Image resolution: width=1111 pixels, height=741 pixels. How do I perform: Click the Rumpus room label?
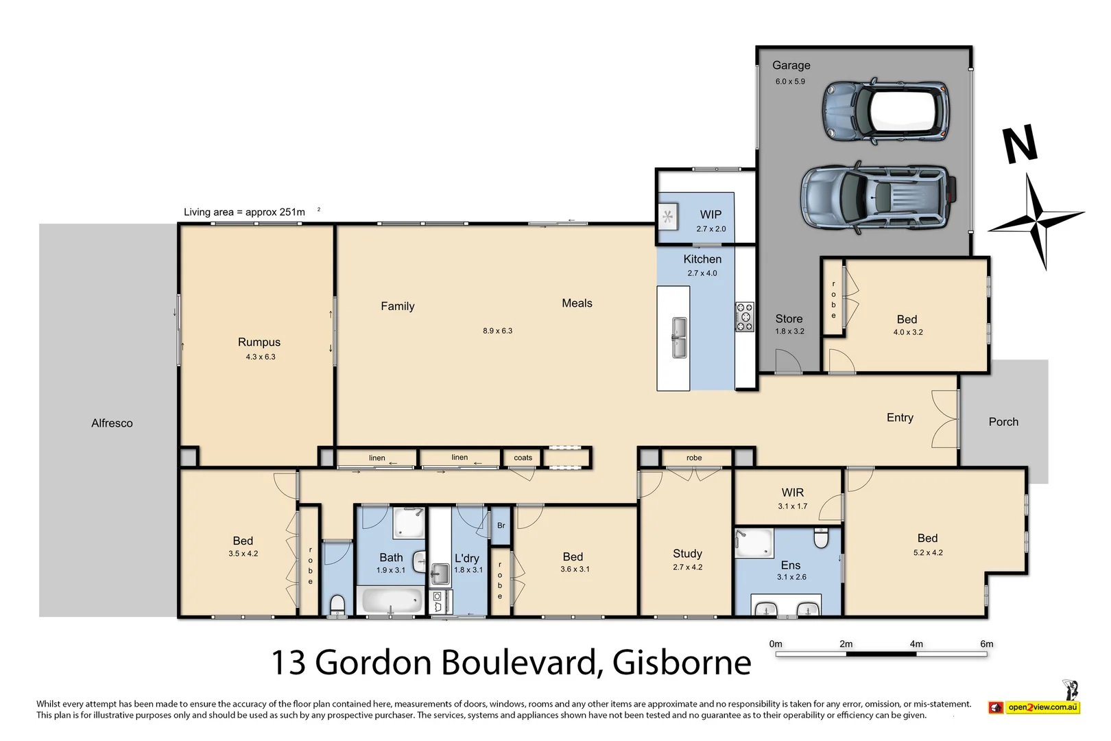pos(259,342)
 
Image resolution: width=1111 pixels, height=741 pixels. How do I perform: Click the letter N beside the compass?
pos(1019,145)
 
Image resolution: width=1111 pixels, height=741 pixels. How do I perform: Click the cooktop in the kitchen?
pos(745,317)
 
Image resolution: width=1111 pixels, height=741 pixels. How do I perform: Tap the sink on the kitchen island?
pos(679,338)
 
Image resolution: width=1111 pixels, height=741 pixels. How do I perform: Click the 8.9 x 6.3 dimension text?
pos(497,331)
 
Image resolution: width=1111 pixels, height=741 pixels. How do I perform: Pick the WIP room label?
pos(710,215)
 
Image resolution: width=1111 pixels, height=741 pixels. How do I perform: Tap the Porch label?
pos(1003,422)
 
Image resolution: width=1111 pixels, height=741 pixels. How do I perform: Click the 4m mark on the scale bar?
pos(916,644)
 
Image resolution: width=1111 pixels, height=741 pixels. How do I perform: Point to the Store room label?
pos(789,319)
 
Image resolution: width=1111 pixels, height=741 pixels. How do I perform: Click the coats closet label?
pos(523,458)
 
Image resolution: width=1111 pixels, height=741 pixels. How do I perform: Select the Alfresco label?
pos(112,423)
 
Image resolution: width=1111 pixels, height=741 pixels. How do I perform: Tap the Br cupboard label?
pos(501,526)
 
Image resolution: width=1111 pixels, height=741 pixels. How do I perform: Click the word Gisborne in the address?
pos(681,663)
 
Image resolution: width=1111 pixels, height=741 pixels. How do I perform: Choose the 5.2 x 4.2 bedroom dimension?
pos(928,553)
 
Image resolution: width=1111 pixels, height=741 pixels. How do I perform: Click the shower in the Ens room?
pos(754,543)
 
